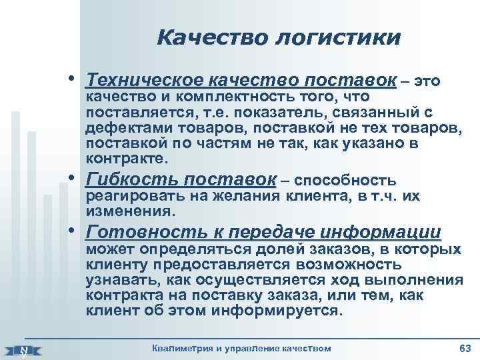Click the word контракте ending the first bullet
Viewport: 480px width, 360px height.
click(x=123, y=160)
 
